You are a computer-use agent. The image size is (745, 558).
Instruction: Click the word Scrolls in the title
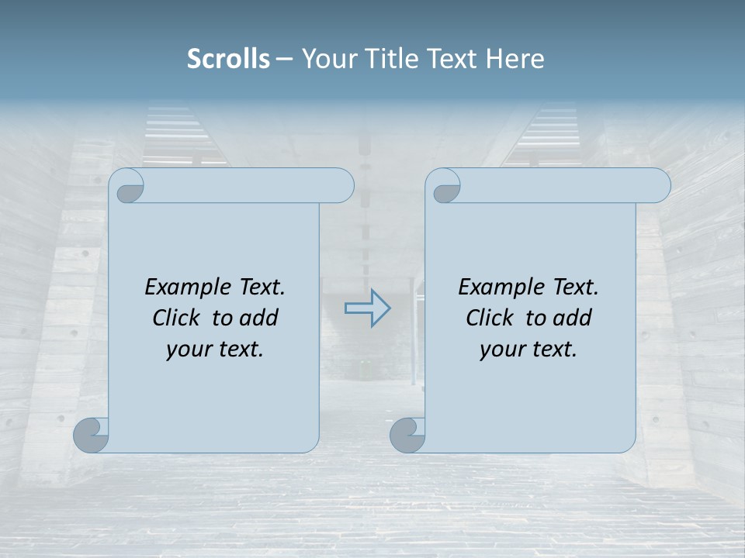[228, 59]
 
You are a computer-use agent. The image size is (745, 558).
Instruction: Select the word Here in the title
[515, 59]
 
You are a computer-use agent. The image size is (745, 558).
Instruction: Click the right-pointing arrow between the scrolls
[367, 308]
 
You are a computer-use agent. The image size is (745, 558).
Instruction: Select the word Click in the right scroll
[489, 318]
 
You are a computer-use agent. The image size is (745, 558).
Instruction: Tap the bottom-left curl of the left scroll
[91, 435]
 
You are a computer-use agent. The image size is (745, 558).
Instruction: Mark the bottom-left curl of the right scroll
[407, 435]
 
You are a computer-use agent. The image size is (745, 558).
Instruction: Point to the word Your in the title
[324, 59]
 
